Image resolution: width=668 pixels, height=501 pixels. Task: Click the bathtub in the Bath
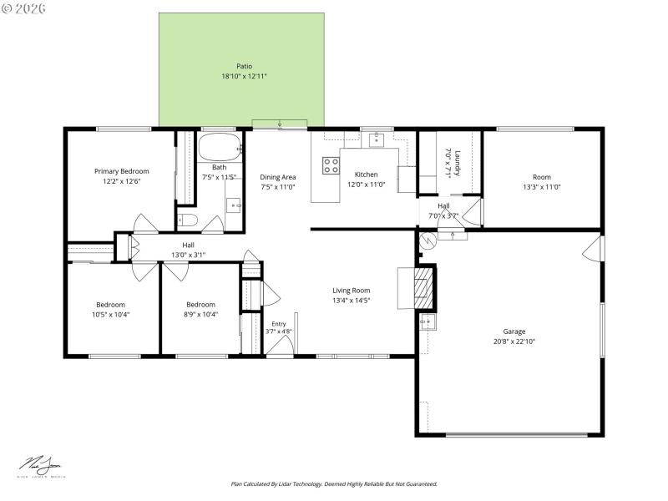click(219, 147)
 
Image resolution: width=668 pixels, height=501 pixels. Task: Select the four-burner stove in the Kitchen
click(331, 164)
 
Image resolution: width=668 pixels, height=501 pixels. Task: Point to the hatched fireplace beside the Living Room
click(425, 284)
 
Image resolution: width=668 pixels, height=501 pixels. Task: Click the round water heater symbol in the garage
click(428, 241)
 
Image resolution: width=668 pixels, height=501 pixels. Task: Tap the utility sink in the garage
click(428, 321)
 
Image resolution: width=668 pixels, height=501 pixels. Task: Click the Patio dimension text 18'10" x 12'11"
click(244, 76)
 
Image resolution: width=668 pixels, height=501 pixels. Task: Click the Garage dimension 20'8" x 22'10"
click(514, 341)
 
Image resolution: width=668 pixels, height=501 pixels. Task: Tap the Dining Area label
click(277, 177)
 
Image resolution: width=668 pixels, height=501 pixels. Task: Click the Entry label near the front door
click(278, 324)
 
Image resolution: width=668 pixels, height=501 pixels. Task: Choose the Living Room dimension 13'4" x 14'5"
click(351, 300)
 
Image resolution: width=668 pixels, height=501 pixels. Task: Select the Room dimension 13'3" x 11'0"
click(541, 187)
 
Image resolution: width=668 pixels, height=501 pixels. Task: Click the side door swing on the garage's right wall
click(592, 247)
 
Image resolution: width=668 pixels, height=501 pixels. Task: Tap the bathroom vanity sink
click(235, 203)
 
